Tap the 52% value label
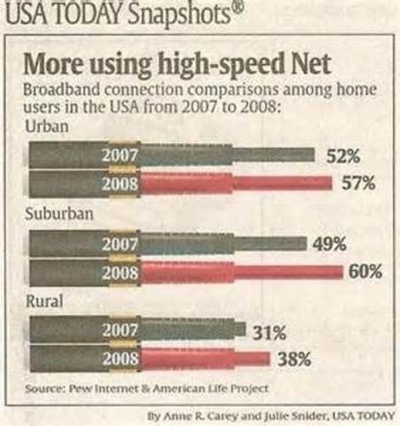[x=343, y=156]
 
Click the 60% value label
[x=365, y=272]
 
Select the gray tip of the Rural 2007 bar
[x=240, y=330]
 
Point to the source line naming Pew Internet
[x=146, y=388]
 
